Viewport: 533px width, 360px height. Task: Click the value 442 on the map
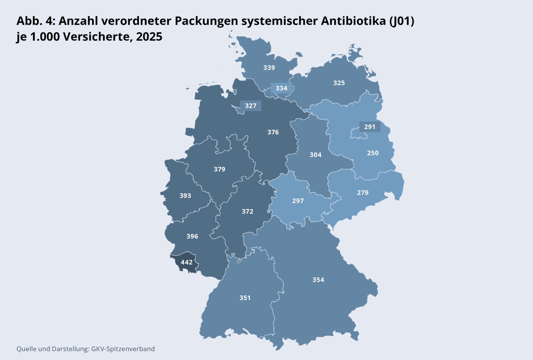point(187,262)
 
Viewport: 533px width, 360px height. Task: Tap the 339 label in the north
point(269,67)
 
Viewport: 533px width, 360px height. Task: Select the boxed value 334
point(281,88)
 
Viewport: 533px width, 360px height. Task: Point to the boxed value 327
point(251,106)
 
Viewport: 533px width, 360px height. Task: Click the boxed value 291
point(370,127)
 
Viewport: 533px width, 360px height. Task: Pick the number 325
point(339,83)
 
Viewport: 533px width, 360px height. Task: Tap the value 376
point(273,132)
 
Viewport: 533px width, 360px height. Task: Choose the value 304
point(315,155)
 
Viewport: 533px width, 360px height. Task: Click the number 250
point(373,153)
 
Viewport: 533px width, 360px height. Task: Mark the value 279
point(363,193)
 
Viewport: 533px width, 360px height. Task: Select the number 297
point(298,201)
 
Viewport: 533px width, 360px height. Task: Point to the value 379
point(219,169)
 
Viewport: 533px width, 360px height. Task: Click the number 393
point(185,196)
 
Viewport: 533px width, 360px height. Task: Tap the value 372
point(248,211)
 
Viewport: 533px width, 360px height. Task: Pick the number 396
point(192,236)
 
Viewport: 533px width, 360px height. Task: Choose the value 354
point(318,280)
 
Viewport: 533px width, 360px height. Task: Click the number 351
point(245,298)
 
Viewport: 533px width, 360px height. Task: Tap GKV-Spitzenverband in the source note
point(123,349)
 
